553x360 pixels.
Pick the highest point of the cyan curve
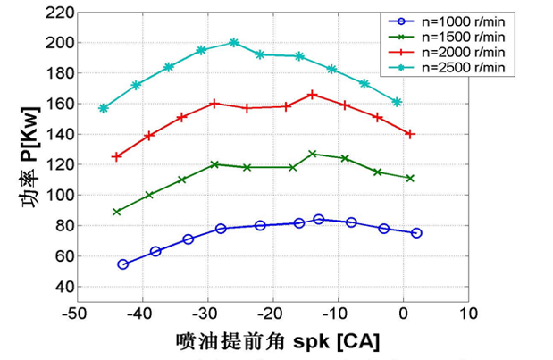(x=233, y=42)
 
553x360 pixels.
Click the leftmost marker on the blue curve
(x=122, y=264)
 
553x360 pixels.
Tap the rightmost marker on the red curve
(x=410, y=134)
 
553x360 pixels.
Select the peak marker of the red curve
(x=312, y=94)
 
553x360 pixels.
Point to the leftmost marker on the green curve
(x=116, y=212)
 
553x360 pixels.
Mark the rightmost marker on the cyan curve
(x=397, y=102)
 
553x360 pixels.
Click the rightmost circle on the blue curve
(x=416, y=233)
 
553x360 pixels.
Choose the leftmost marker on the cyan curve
(x=104, y=108)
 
